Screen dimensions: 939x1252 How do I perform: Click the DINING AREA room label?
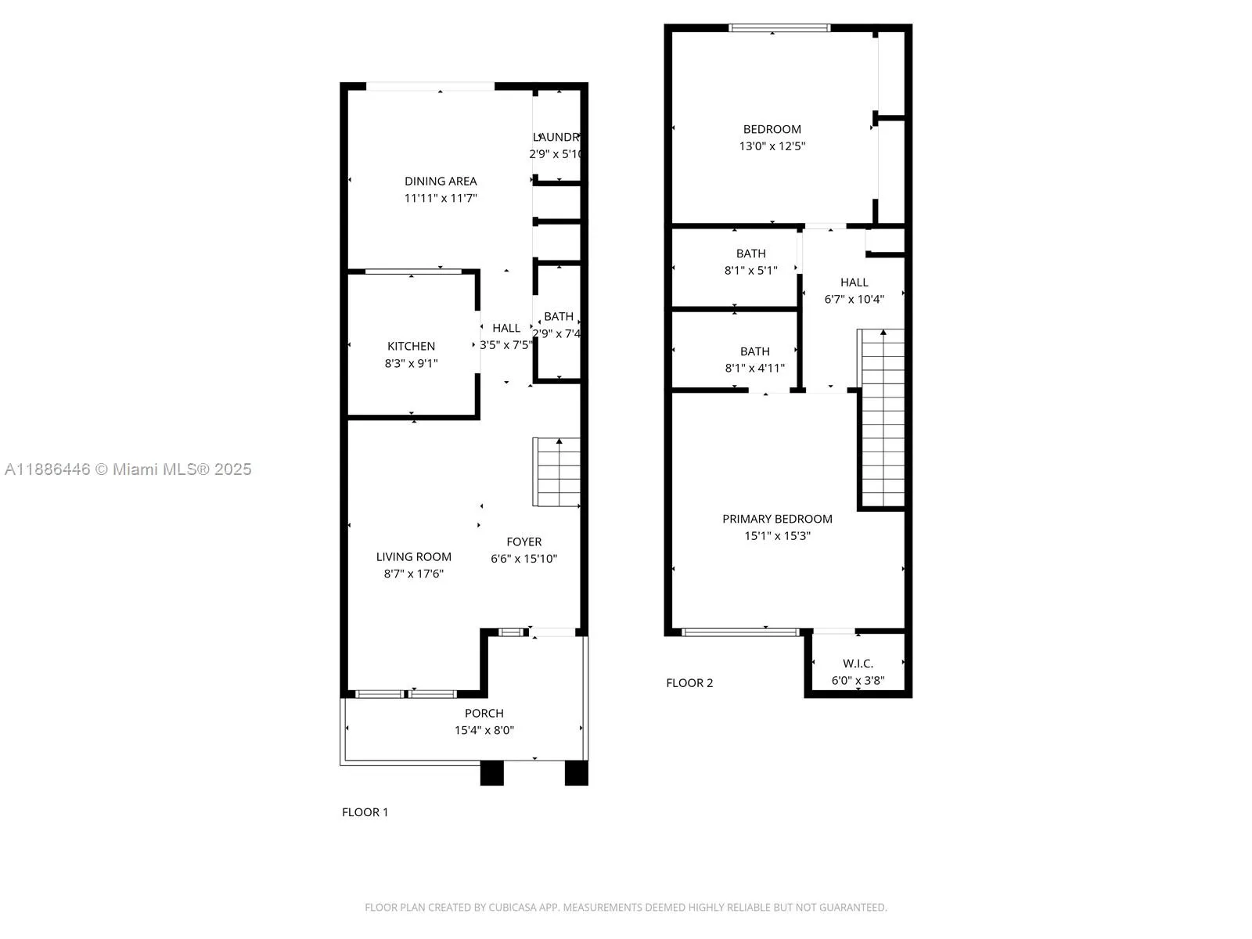[441, 181]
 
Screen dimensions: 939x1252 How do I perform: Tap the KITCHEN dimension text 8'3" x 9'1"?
[411, 363]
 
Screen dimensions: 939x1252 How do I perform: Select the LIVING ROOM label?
[413, 556]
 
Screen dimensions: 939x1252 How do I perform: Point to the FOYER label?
[523, 541]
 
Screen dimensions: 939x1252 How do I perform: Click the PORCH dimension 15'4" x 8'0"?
[484, 730]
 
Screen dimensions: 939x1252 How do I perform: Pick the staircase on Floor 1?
[557, 472]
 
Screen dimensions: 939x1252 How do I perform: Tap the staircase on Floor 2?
[883, 419]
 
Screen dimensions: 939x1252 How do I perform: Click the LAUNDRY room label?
[556, 137]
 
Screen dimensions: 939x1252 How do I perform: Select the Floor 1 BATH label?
[559, 316]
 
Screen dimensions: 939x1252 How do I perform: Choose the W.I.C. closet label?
[858, 663]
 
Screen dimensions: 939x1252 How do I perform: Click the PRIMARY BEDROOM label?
[777, 519]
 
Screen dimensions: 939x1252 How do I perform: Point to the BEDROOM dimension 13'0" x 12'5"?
[772, 146]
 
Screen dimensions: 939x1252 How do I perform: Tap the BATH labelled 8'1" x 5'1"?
[750, 254]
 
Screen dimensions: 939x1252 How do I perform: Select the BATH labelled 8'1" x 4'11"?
[754, 351]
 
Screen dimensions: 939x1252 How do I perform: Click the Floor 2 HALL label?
[854, 282]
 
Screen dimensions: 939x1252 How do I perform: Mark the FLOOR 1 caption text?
[365, 812]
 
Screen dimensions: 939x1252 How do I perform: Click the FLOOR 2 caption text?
[689, 683]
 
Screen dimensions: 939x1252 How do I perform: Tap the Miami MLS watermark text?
[128, 469]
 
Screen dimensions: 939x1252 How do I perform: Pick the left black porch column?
[491, 773]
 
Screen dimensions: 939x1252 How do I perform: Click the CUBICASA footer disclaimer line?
[625, 908]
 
